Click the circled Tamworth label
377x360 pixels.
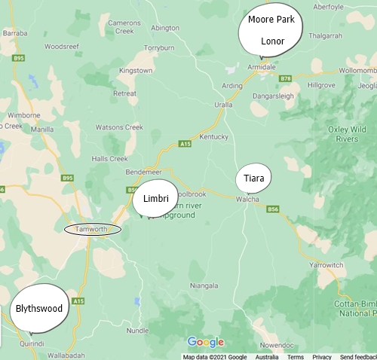pyautogui.click(x=92, y=229)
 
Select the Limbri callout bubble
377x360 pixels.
pyautogui.click(x=155, y=199)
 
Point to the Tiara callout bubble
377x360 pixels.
pyautogui.click(x=253, y=179)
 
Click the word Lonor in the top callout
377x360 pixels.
pyautogui.click(x=272, y=41)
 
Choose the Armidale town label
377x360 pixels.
pyautogui.click(x=262, y=66)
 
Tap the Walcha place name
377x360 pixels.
pyautogui.click(x=247, y=200)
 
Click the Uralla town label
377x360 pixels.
pyautogui.click(x=224, y=105)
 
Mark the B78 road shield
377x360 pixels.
pyautogui.click(x=284, y=78)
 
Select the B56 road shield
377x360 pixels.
pyautogui.click(x=273, y=209)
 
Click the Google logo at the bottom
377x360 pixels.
pyautogui.click(x=205, y=343)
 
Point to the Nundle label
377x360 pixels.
pyautogui.click(x=138, y=330)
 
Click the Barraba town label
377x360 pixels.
pyautogui.click(x=15, y=33)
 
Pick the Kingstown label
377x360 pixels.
pyautogui.click(x=136, y=70)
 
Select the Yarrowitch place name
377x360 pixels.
pyautogui.click(x=326, y=266)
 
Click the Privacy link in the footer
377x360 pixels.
pyautogui.click(x=322, y=357)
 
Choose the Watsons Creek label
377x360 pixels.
pyautogui.click(x=121, y=127)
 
